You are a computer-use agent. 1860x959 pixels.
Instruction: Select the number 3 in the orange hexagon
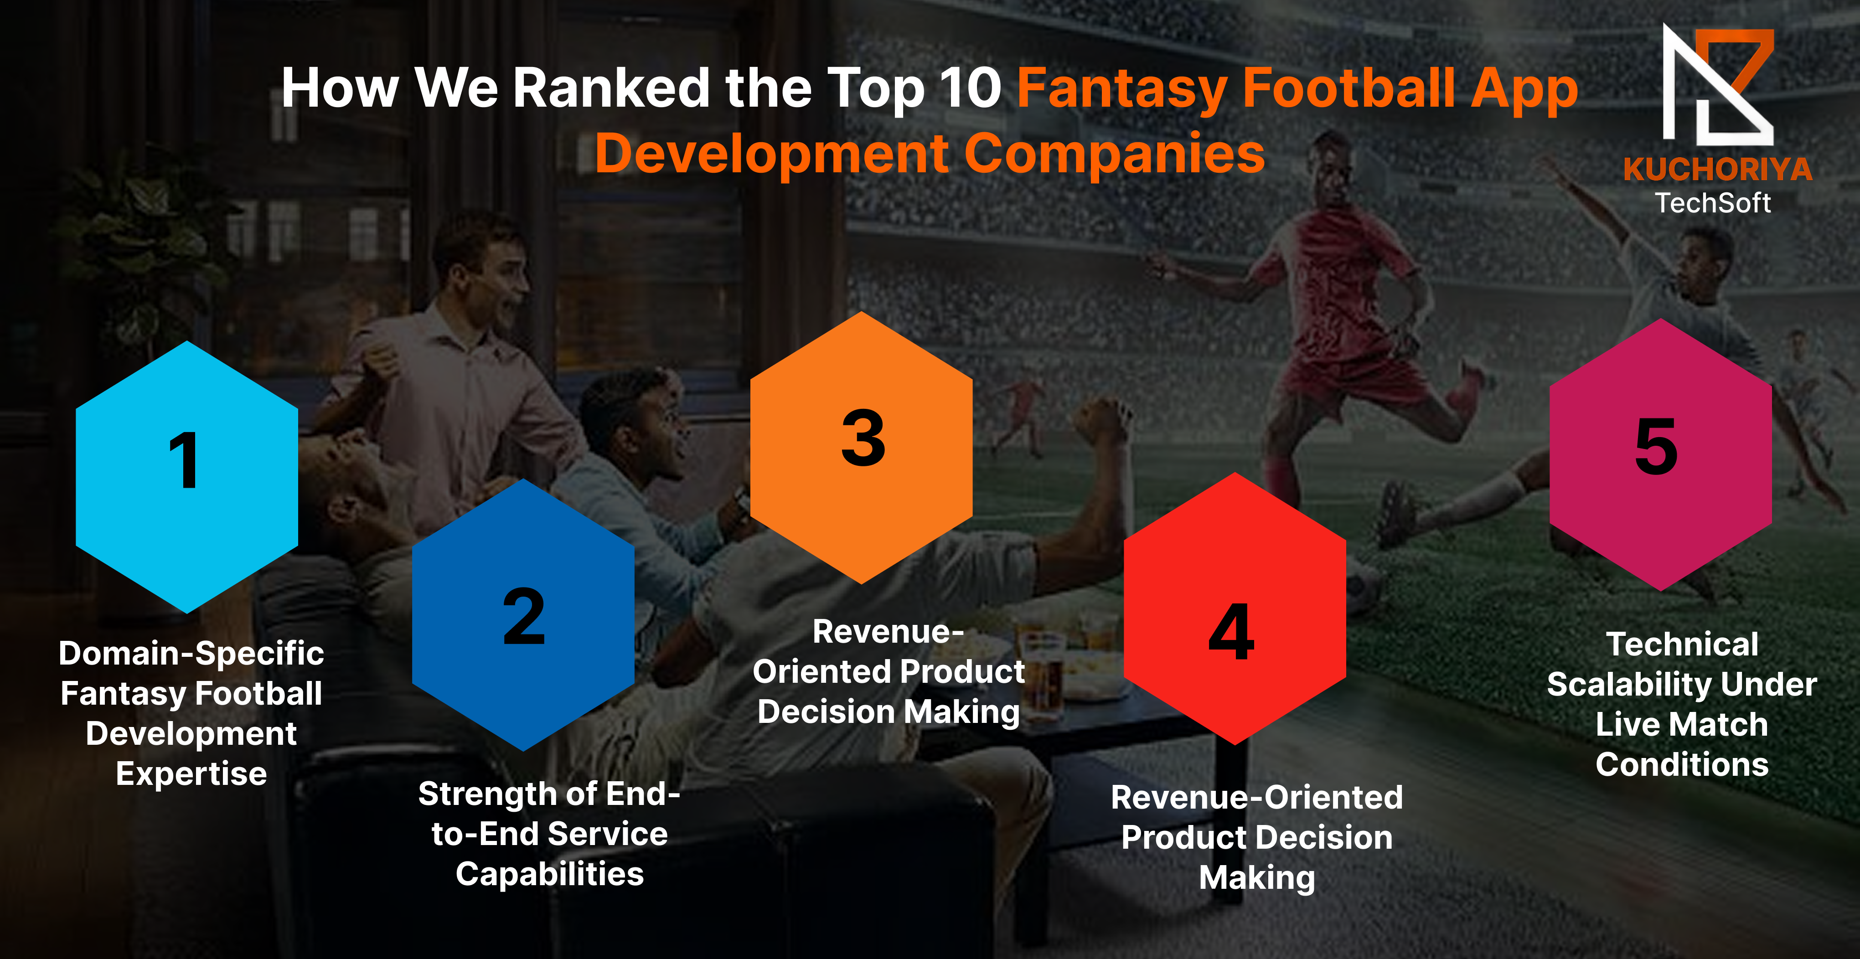[x=863, y=437]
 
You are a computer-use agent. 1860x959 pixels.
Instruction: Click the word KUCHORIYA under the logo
[x=1718, y=170]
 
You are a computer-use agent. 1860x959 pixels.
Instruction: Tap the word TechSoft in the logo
[x=1713, y=203]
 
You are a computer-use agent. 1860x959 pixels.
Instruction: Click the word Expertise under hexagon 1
[x=191, y=774]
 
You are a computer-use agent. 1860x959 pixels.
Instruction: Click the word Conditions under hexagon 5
[x=1682, y=765]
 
